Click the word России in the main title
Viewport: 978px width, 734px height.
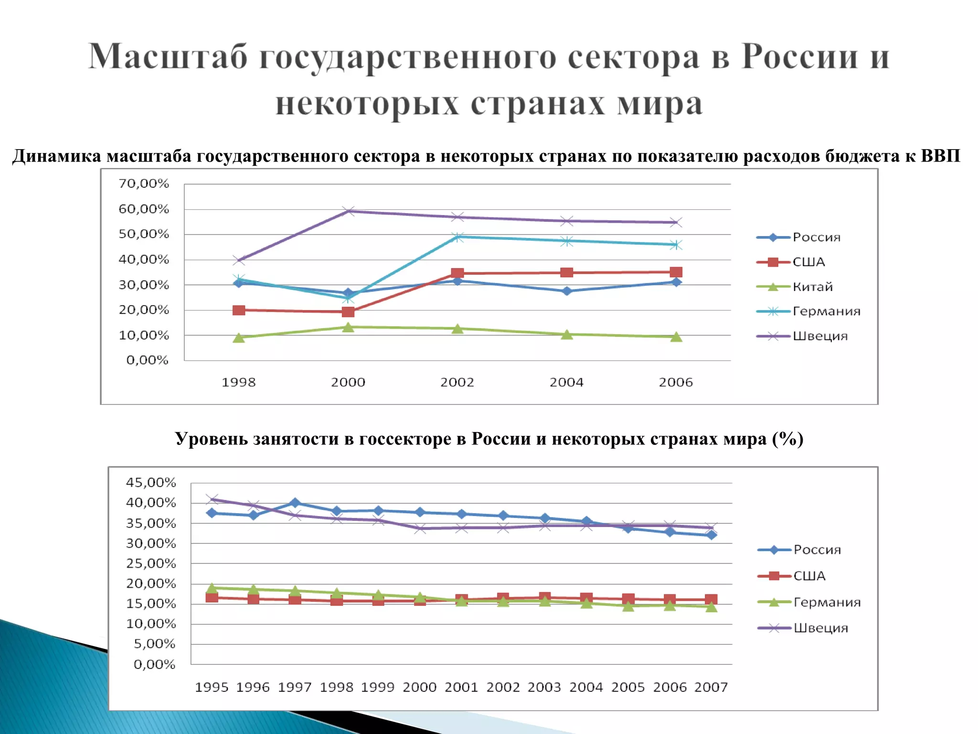pyautogui.click(x=800, y=57)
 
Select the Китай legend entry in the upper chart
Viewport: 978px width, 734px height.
pyautogui.click(x=812, y=287)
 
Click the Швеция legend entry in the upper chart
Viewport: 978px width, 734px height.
pyautogui.click(x=820, y=336)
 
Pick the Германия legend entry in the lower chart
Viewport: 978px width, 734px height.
pyautogui.click(x=827, y=602)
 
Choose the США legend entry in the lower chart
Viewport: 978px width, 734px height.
pyautogui.click(x=809, y=576)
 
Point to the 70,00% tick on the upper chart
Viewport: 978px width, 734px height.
pyautogui.click(x=144, y=183)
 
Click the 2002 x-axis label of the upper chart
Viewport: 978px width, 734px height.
pyautogui.click(x=457, y=382)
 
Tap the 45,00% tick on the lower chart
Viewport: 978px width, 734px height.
pyautogui.click(x=151, y=483)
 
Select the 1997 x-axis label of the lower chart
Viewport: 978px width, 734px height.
pyautogui.click(x=295, y=687)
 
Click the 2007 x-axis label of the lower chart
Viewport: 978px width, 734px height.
pyautogui.click(x=711, y=687)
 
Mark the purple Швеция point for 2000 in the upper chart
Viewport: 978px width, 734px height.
pyautogui.click(x=349, y=211)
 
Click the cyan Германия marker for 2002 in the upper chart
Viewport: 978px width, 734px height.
pyautogui.click(x=457, y=237)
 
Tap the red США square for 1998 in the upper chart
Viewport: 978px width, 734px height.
pyautogui.click(x=239, y=310)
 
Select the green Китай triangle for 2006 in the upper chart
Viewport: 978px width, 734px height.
pyautogui.click(x=676, y=337)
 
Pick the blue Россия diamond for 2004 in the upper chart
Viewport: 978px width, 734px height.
pyautogui.click(x=567, y=291)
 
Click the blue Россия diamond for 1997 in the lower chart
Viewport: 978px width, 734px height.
pyautogui.click(x=295, y=503)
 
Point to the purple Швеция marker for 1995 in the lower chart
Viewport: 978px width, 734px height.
pyautogui.click(x=212, y=499)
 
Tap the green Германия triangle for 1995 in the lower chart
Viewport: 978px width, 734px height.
pyautogui.click(x=212, y=588)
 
